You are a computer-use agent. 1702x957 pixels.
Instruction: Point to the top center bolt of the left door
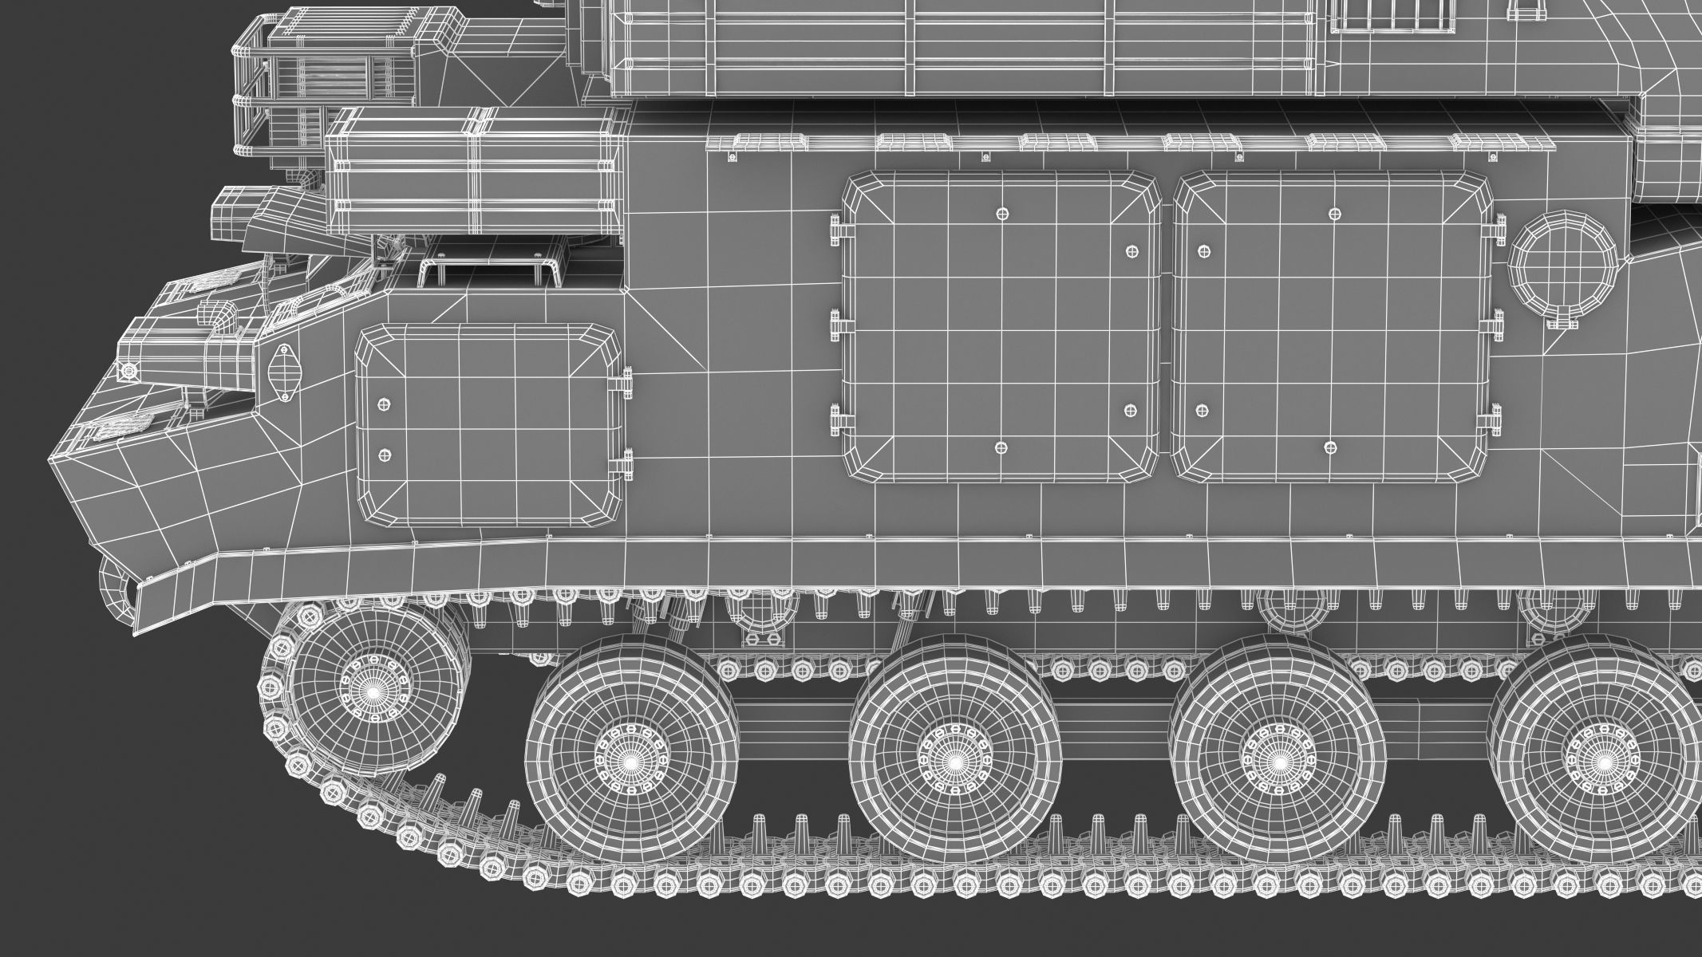[1001, 213]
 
